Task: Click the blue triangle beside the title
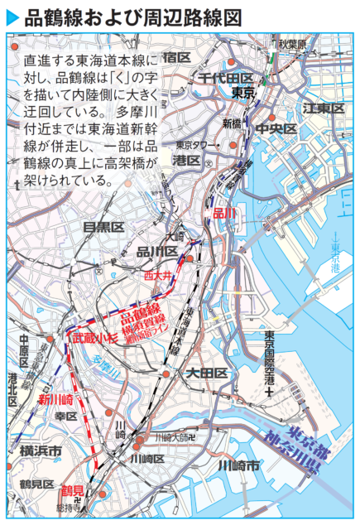pyautogui.click(x=12, y=16)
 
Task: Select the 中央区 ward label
pyautogui.click(x=276, y=128)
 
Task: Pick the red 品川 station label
pyautogui.click(x=223, y=214)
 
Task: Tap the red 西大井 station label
pyautogui.click(x=156, y=274)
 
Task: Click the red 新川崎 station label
pyautogui.click(x=55, y=399)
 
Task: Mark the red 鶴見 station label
pyautogui.click(x=73, y=491)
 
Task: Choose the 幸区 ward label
pyautogui.click(x=65, y=416)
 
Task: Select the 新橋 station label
pyautogui.click(x=231, y=123)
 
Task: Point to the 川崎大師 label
pyautogui.click(x=169, y=436)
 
